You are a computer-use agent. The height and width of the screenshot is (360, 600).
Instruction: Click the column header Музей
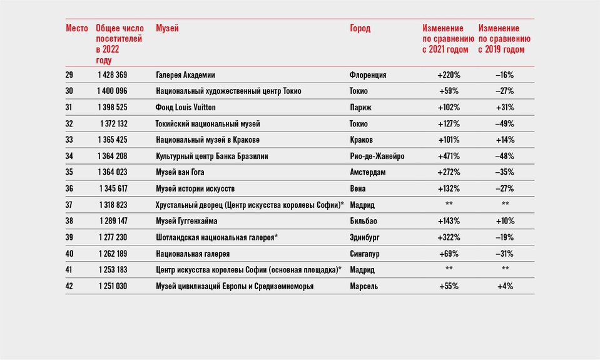coord(167,28)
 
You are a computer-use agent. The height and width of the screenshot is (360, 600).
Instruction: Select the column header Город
coord(360,28)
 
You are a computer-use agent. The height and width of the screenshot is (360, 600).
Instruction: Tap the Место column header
coord(77,28)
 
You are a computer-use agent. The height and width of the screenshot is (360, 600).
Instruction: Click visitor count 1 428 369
coord(112,75)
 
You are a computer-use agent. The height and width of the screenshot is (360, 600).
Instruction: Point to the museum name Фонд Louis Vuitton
coord(186,107)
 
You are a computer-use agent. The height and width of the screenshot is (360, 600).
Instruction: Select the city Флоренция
coord(368,75)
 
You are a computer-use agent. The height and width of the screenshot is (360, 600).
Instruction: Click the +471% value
coord(449,157)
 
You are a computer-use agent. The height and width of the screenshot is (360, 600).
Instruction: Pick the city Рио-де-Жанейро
coord(377,157)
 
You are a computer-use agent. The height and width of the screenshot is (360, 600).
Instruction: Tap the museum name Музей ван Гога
coord(180,172)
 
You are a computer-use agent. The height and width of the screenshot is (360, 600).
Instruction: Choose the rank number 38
coord(69,221)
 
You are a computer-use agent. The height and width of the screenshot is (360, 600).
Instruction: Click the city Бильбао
coord(363,221)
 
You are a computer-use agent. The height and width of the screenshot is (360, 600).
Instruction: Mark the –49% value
coord(505,124)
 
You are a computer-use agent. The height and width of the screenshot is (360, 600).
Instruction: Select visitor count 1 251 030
coord(113,286)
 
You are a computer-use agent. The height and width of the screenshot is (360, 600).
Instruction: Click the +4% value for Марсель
coord(505,286)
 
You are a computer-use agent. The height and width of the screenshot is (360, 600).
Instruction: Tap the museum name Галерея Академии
coord(185,75)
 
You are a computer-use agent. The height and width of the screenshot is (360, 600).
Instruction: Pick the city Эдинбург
coord(364,237)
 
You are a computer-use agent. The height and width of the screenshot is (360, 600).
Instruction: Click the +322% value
coord(449,237)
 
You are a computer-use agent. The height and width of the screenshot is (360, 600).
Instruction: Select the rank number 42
coord(69,286)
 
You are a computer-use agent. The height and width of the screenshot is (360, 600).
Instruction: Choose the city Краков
coord(361,140)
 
